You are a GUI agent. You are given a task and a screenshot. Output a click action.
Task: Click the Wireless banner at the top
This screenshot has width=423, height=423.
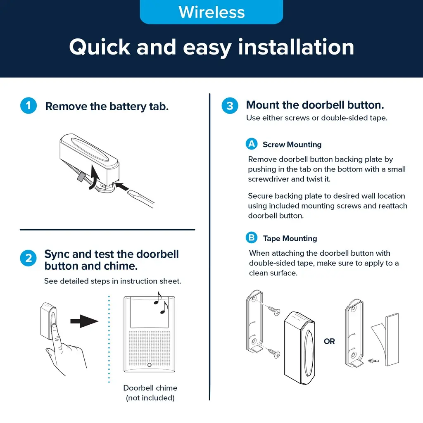tap(211, 12)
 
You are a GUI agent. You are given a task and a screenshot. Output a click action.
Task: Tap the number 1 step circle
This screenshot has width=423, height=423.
tap(29, 105)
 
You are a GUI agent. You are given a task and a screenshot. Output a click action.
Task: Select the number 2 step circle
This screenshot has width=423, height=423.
tap(29, 258)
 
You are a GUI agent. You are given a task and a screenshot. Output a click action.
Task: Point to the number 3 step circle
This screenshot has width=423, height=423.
tap(230, 105)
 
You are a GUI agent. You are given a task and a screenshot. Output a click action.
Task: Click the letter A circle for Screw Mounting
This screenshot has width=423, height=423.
tap(252, 144)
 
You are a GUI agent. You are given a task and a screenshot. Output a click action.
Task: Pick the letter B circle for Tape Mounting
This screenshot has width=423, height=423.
tap(252, 238)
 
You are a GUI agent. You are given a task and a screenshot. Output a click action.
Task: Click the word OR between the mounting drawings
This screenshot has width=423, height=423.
tap(329, 341)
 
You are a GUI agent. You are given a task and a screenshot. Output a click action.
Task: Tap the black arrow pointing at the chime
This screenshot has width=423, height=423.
tap(84, 321)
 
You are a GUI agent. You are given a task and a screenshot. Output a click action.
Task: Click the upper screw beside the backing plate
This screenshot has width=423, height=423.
tap(274, 311)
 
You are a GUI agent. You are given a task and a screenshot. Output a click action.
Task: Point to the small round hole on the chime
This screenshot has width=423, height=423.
tap(150, 365)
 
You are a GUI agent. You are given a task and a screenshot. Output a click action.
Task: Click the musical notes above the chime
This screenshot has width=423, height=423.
tap(161, 303)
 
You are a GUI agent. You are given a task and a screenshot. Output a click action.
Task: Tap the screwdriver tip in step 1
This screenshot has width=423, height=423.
tap(129, 192)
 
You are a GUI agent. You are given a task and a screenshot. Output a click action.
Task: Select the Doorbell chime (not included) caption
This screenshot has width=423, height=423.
tap(150, 393)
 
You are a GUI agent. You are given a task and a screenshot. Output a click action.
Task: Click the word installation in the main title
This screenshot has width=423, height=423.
tap(296, 47)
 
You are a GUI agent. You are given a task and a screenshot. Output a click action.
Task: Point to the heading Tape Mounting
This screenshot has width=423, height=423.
tap(290, 238)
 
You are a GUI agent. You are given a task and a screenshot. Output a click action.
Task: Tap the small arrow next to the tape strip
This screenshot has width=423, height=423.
tap(373, 360)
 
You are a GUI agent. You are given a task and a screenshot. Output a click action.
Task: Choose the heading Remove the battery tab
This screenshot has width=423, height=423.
tap(107, 106)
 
